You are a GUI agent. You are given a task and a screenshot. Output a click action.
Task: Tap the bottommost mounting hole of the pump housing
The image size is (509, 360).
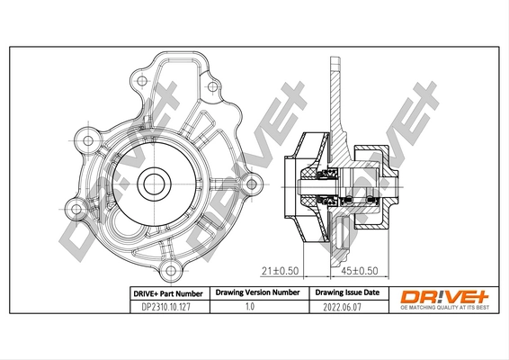(167, 267)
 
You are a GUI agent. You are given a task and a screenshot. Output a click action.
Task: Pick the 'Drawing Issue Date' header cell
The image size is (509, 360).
(345, 292)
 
